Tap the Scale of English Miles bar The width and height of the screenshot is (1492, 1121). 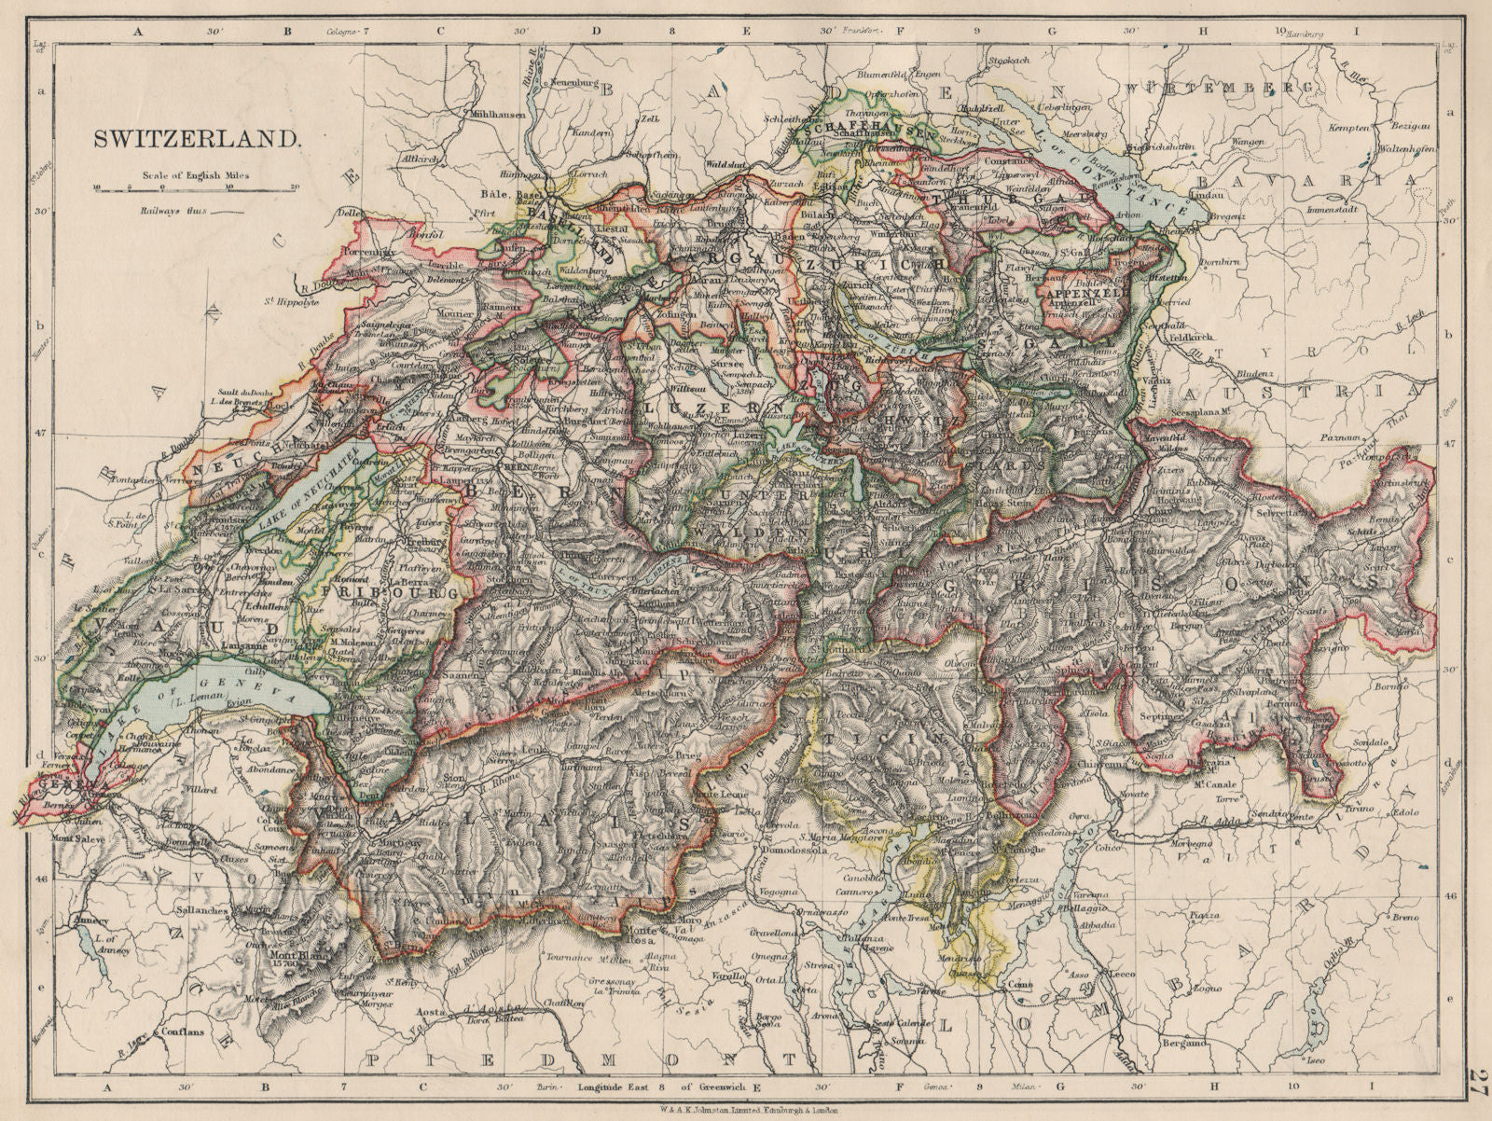click(196, 188)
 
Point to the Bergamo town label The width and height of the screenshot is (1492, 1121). click(1183, 1043)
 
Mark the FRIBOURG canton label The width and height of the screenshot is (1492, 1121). click(386, 592)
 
